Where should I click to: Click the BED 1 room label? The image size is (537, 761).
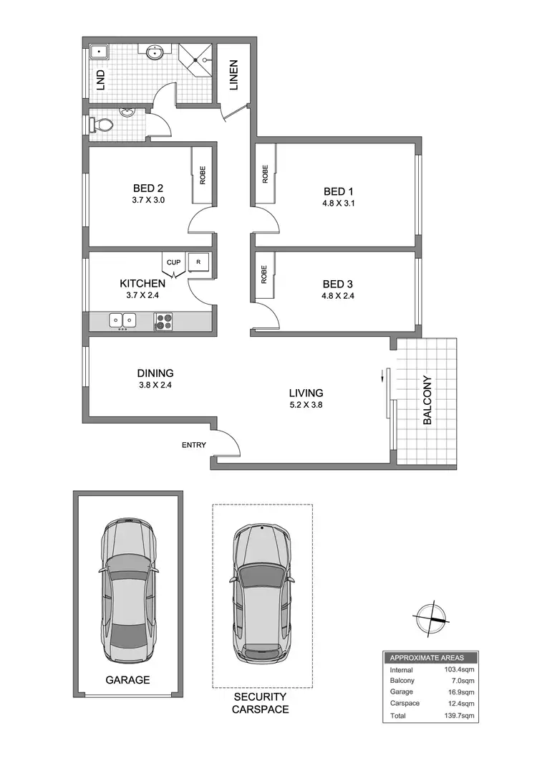tap(339, 191)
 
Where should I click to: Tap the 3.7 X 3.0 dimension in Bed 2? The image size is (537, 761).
tap(148, 201)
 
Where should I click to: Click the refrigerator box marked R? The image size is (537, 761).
tap(198, 263)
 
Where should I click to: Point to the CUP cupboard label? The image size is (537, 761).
tap(173, 262)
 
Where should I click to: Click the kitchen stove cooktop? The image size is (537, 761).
tap(163, 321)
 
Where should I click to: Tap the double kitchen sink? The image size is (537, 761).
tap(123, 320)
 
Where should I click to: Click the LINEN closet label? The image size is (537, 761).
tap(233, 75)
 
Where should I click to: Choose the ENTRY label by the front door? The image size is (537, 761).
tap(193, 445)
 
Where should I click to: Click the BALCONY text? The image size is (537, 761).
tap(427, 401)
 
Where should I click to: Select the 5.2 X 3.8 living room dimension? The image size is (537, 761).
tap(306, 405)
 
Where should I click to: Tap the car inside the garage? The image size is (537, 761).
tap(129, 593)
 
